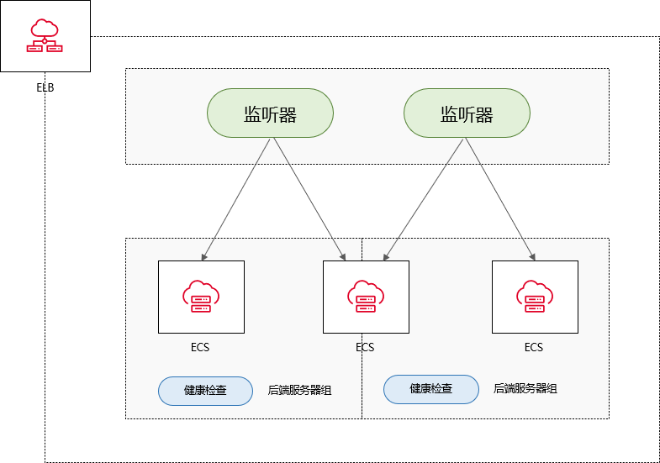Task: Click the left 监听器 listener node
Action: pos(271,114)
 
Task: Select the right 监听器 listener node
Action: pos(467,114)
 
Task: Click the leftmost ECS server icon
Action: pos(201,296)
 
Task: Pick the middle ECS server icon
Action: pos(366,296)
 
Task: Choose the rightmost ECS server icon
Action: pos(535,296)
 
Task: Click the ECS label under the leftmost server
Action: pos(201,347)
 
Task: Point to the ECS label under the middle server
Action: pos(365,347)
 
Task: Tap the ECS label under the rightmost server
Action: pos(534,347)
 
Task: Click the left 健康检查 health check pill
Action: pos(205,391)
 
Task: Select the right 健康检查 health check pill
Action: pos(431,389)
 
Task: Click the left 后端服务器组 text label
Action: pos(299,390)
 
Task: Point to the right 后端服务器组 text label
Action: pos(525,388)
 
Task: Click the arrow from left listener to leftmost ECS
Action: pos(237,197)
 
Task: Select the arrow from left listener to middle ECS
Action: pos(308,197)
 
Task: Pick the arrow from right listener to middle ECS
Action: pos(423,197)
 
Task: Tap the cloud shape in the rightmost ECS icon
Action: pos(535,290)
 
